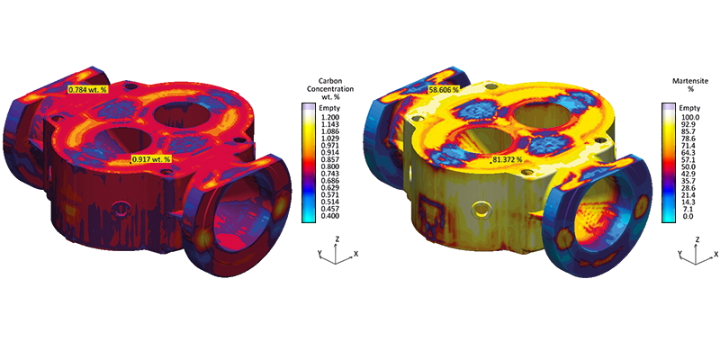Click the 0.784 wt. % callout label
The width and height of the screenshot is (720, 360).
tap(87, 89)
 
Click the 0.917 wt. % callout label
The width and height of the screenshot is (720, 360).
tap(151, 159)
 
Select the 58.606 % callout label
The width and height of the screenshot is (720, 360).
tap(444, 90)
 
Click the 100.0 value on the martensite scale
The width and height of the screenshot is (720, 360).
tap(686, 117)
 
